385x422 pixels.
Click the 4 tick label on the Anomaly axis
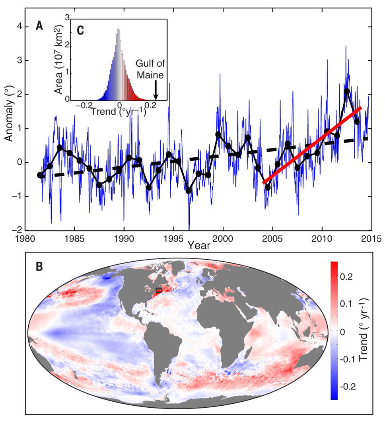click(x=19, y=27)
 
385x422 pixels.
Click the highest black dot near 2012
click(x=347, y=91)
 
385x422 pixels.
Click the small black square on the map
click(x=158, y=290)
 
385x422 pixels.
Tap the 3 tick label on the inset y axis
click(x=67, y=18)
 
